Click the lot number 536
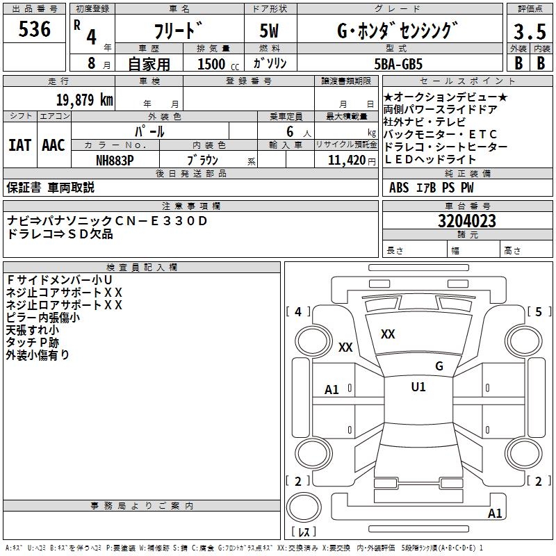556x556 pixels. (34, 29)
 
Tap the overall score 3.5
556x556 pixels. (528, 32)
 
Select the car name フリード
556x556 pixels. (178, 31)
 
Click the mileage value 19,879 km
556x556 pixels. (84, 100)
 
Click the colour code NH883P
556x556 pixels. (115, 160)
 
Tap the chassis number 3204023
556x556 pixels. (466, 222)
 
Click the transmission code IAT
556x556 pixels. (19, 145)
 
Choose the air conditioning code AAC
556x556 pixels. (53, 145)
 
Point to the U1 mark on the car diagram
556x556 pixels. (418, 387)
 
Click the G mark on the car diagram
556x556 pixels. (439, 366)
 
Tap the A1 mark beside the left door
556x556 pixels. (332, 390)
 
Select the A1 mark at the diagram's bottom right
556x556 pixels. (495, 514)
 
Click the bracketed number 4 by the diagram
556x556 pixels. (298, 311)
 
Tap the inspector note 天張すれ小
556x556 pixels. (32, 329)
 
